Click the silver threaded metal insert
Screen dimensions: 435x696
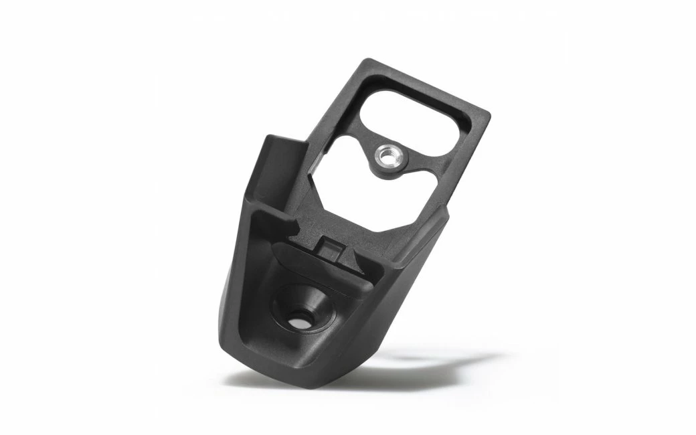[386, 157]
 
